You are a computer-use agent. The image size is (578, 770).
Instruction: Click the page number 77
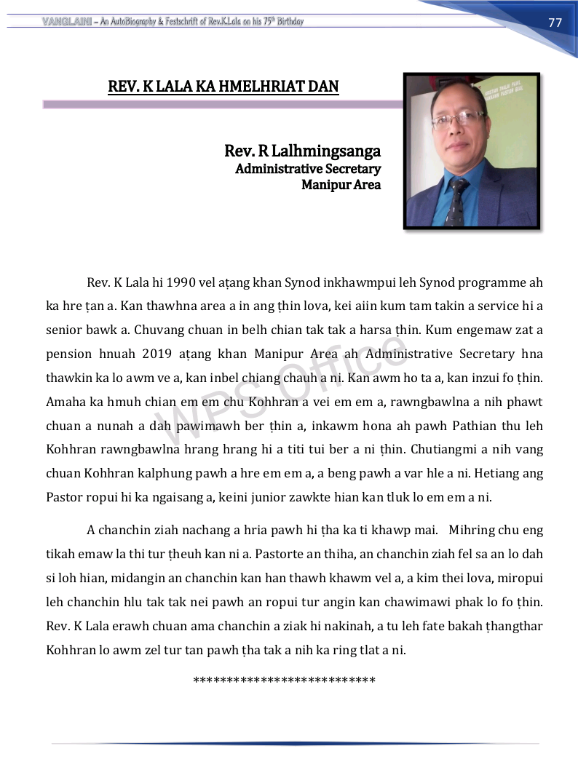tap(555, 23)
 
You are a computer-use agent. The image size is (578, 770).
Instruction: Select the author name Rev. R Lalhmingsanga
tap(302, 151)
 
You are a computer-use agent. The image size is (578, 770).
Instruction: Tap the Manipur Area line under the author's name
tap(341, 185)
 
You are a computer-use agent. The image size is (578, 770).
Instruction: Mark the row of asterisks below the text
tap(285, 681)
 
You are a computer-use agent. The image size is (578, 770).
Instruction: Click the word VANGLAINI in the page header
tap(66, 21)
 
